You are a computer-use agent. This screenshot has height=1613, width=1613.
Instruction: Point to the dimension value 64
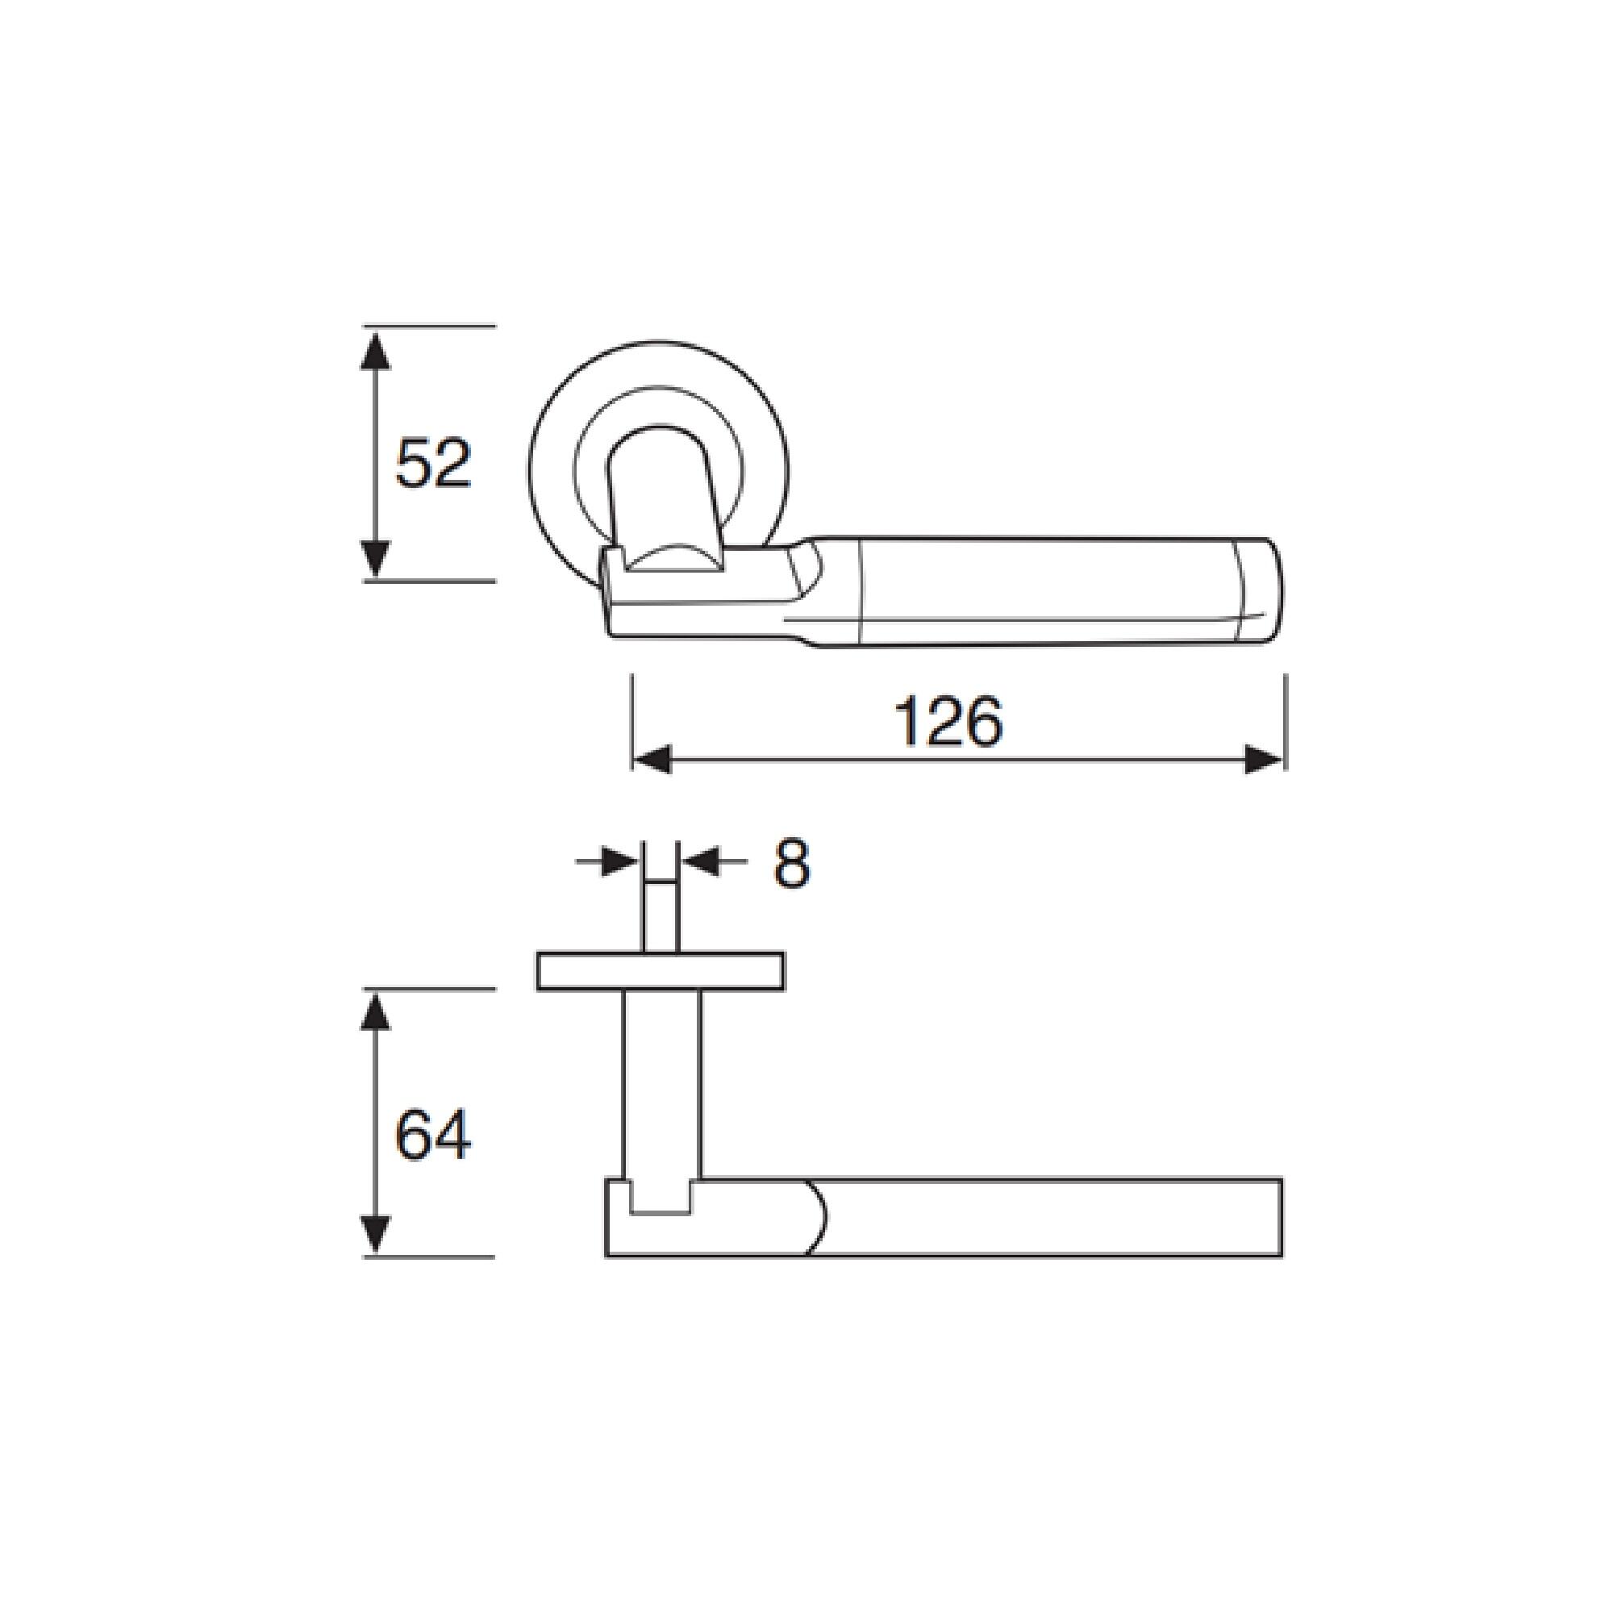(x=433, y=1135)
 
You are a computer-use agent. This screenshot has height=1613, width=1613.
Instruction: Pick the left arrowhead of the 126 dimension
(x=652, y=760)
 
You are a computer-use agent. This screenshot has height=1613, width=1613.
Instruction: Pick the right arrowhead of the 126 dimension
(x=1263, y=760)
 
